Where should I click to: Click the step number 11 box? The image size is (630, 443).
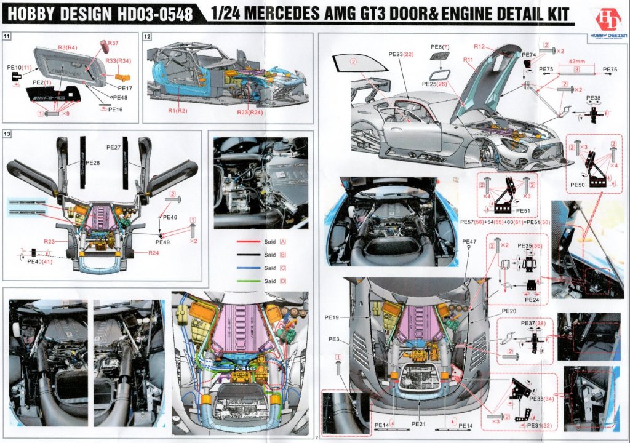click(7, 37)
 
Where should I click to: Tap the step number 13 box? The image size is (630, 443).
click(7, 134)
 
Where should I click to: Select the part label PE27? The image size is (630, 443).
click(113, 147)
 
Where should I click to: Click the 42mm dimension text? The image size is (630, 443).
click(576, 62)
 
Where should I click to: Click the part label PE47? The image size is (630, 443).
click(469, 241)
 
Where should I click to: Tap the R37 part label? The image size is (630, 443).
click(113, 42)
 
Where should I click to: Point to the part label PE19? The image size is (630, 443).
click(332, 317)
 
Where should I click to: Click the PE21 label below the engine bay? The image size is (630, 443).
click(418, 425)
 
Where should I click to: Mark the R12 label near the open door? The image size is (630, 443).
click(480, 47)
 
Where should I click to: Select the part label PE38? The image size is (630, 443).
click(593, 98)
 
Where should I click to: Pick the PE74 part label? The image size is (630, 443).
click(529, 55)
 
